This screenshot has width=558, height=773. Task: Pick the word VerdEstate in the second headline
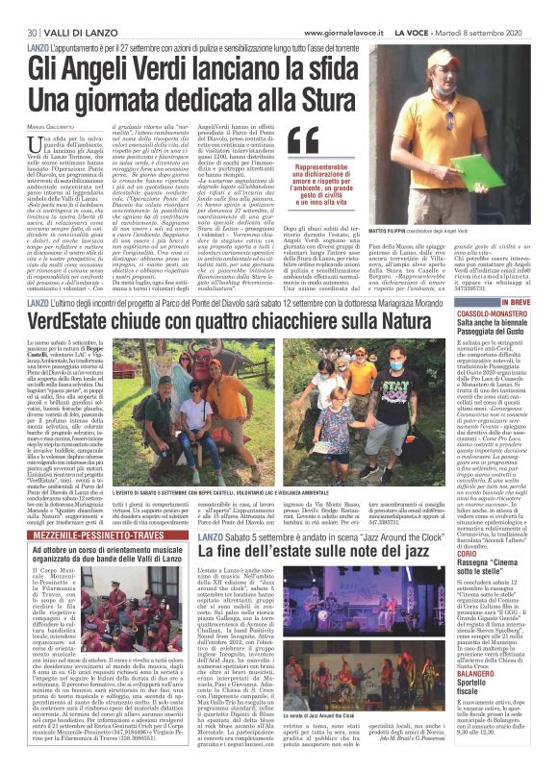[x=78, y=321]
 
